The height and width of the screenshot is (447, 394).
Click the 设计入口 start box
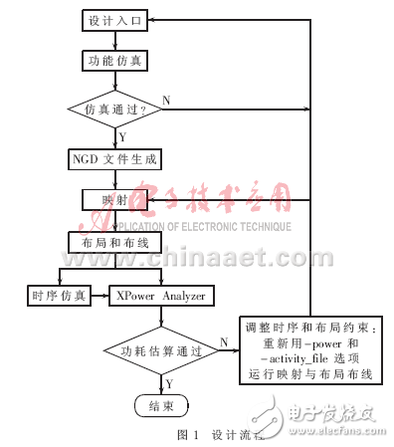point(114,21)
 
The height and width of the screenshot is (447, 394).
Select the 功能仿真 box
point(114,61)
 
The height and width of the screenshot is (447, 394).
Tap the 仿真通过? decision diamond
point(114,108)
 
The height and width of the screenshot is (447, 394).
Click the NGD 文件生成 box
point(114,157)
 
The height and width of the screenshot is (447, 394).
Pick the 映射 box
point(114,198)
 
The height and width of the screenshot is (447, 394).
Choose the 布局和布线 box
point(114,241)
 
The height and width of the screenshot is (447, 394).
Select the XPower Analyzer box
point(161,295)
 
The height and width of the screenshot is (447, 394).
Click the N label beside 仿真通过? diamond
point(166,100)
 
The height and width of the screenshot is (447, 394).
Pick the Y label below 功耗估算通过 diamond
point(169,381)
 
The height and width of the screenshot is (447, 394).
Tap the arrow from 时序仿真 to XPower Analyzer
point(99,295)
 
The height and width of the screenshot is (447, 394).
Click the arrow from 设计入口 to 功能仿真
point(114,41)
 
